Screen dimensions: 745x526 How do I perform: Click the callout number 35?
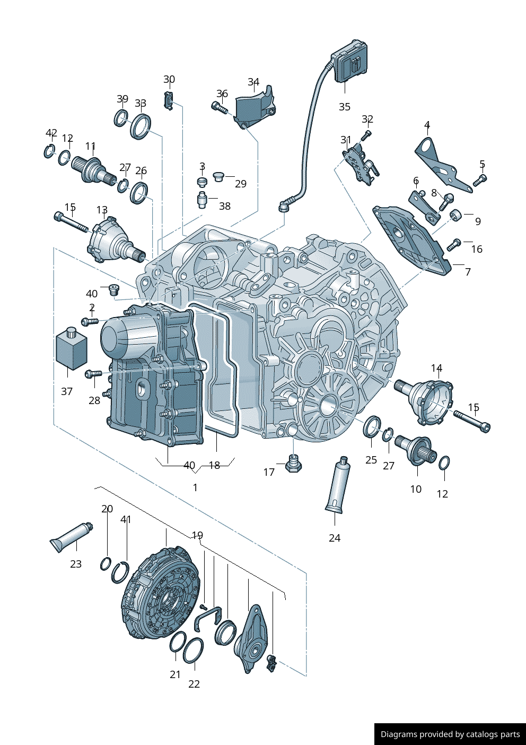coord(345,107)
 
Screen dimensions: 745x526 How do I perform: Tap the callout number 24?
coord(335,538)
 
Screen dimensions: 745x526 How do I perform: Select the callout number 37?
coord(67,391)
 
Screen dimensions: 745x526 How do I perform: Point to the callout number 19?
coord(197,535)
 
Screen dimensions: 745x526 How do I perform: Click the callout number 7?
coord(468,271)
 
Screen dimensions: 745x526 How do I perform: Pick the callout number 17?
coord(269,472)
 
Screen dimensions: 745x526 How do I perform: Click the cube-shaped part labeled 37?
coord(71,349)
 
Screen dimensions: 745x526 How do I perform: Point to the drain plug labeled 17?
coord(293,464)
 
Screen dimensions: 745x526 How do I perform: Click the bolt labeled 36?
coord(219,108)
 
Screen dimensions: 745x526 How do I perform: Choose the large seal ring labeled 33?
coord(141,126)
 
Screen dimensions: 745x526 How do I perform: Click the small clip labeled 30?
coord(169,100)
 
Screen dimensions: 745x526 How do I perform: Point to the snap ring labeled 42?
coord(49,151)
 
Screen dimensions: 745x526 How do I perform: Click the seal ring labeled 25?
coord(372,426)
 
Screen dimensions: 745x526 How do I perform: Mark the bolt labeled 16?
coord(454,245)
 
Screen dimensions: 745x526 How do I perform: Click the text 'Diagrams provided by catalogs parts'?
coord(450,734)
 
